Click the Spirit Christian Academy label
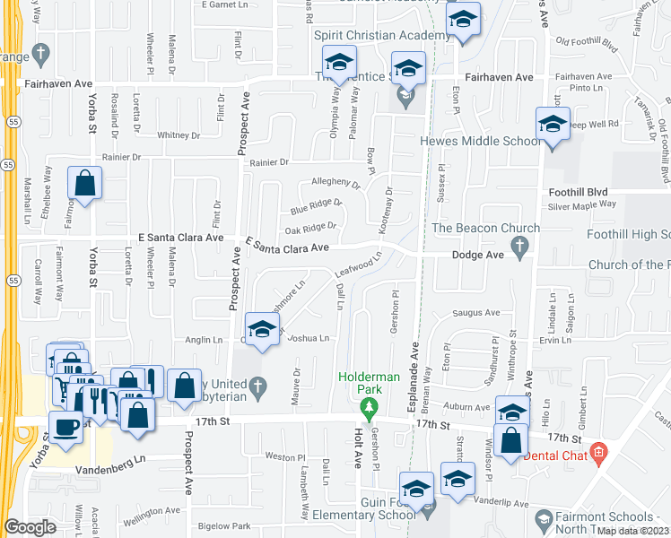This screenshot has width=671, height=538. coord(381,35)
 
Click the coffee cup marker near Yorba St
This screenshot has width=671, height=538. coord(66,428)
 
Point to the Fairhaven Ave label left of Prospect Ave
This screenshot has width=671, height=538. coord(60,83)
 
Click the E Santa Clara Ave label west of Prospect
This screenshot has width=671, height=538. coord(179,238)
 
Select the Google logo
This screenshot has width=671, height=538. coord(30,526)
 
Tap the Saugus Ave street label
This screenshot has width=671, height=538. coord(480,312)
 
